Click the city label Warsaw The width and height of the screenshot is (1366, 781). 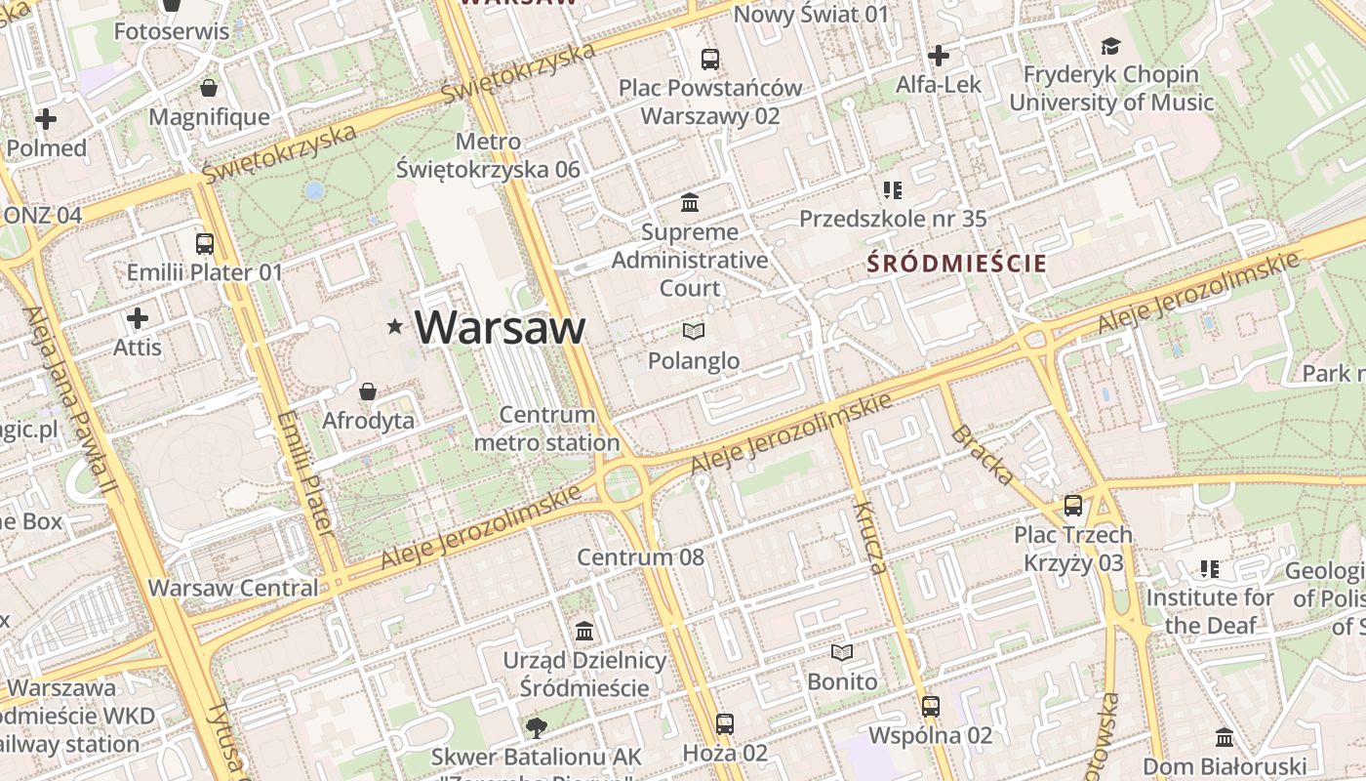coord(500,327)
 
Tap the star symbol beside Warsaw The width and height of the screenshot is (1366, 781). coord(395,326)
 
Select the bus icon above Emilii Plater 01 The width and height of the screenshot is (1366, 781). coord(205,244)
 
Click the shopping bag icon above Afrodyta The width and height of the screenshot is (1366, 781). coord(368,391)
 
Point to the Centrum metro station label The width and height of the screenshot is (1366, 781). coord(546,429)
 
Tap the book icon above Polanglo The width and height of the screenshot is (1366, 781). coord(694,332)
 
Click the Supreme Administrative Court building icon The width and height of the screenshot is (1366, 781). coord(690,203)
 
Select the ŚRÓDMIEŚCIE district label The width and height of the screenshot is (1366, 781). coord(957,264)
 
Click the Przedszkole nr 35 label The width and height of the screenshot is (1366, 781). coord(893,219)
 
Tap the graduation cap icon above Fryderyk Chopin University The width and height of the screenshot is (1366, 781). coord(1110,46)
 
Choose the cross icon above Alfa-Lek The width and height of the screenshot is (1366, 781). coord(938,56)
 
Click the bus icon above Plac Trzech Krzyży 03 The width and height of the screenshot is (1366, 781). coord(1073,506)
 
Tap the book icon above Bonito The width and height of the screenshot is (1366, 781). coord(841,652)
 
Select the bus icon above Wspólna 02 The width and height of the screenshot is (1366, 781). coord(930,706)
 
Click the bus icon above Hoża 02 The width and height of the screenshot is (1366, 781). coord(724,723)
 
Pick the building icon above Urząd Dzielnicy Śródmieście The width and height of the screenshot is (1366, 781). coord(584,631)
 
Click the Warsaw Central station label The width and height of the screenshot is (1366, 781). coord(233,588)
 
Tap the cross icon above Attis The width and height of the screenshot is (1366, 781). coord(138,318)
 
